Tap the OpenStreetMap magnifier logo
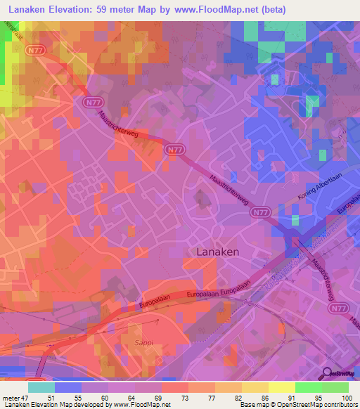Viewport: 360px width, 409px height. click(x=328, y=372)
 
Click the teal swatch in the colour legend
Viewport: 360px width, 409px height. click(x=41, y=387)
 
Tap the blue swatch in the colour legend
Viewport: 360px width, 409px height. click(x=67, y=387)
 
